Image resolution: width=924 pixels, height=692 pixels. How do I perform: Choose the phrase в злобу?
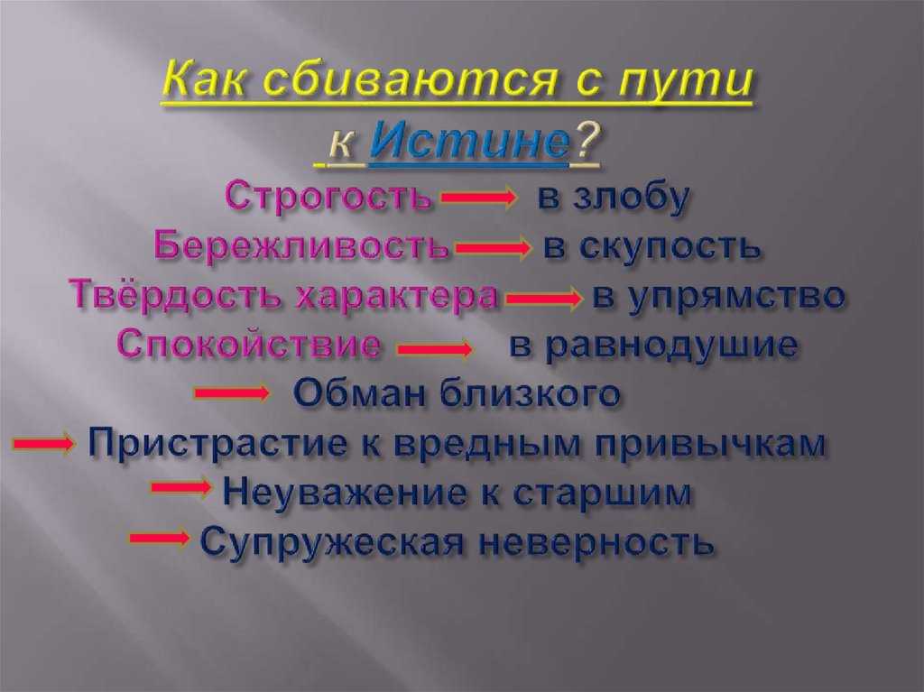click(613, 197)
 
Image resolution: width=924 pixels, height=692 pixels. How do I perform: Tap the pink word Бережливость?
click(301, 245)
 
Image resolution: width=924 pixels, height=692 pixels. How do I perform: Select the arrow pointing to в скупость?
click(493, 247)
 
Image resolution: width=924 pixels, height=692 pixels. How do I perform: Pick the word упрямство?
click(735, 296)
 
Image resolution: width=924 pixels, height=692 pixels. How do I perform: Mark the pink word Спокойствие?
click(248, 345)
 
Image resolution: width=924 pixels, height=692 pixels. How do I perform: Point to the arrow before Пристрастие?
click(43, 442)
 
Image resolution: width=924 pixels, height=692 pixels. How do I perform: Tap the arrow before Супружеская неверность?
click(160, 538)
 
